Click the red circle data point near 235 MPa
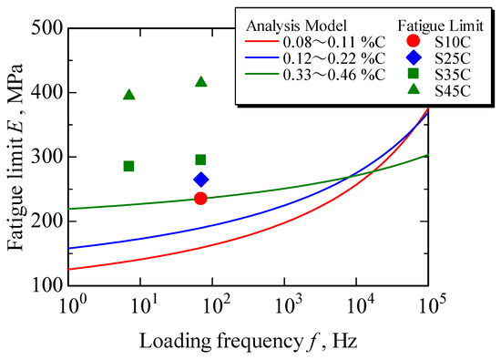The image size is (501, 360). coord(200,199)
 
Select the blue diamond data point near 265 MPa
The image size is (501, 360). coord(200,180)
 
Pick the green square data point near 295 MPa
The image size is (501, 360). coord(200,159)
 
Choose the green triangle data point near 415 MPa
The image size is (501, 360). coord(200,82)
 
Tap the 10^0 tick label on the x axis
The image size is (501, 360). coord(72,302)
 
